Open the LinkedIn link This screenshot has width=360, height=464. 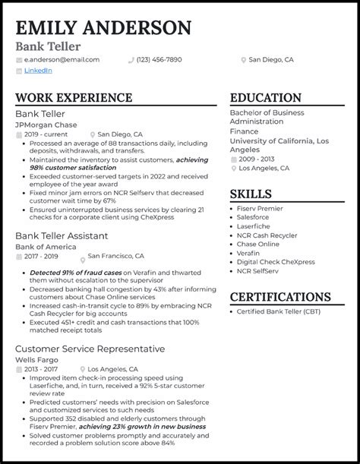pyautogui.click(x=38, y=71)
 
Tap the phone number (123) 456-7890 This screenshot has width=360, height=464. pyautogui.click(x=159, y=59)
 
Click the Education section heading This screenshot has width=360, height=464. pyautogui.click(x=265, y=99)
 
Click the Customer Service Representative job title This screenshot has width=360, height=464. pyautogui.click(x=90, y=349)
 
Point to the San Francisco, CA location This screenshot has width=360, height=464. pyautogui.click(x=118, y=257)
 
